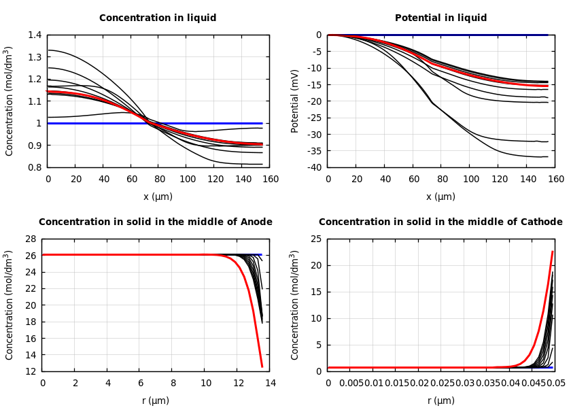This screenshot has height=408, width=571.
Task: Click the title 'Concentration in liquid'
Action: click(x=158, y=18)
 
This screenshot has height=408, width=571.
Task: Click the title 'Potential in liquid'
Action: click(x=440, y=18)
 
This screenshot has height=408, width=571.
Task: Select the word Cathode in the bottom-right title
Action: click(x=539, y=222)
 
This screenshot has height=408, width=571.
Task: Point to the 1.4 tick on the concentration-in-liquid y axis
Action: click(x=34, y=35)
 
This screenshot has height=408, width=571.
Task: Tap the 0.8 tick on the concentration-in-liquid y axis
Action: click(x=34, y=167)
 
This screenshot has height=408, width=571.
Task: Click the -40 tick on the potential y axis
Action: click(x=314, y=167)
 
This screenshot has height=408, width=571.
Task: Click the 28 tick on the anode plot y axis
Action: click(x=29, y=239)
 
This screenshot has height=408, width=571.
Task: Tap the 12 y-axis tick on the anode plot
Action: click(x=29, y=371)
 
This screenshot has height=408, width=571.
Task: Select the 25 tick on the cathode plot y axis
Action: click(x=315, y=239)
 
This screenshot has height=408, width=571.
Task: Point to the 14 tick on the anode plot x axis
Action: click(x=270, y=384)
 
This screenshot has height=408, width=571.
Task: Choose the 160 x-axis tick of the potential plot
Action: click(x=555, y=180)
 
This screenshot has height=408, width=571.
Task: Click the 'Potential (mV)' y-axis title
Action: click(x=295, y=101)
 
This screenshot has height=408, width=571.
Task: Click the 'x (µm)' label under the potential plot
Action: click(x=442, y=197)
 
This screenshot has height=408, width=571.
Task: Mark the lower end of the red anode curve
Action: click(x=262, y=367)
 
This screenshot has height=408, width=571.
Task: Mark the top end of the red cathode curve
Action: click(x=553, y=252)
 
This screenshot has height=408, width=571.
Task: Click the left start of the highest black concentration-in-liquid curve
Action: click(x=48, y=50)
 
